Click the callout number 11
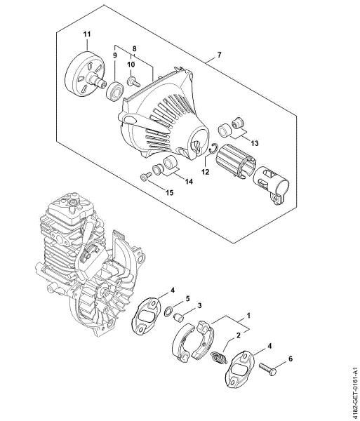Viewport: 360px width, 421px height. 87,34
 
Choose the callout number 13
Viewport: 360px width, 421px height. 253,142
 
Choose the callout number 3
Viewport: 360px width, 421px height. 201,307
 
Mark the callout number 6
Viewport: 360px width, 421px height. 292,359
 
